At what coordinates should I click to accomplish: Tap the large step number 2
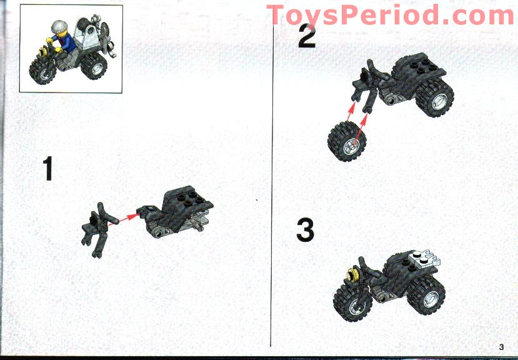pyautogui.click(x=307, y=36)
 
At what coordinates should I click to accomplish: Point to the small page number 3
pyautogui.click(x=501, y=347)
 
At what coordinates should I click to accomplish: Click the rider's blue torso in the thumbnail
pyautogui.click(x=62, y=43)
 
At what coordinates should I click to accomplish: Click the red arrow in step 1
pyautogui.click(x=127, y=217)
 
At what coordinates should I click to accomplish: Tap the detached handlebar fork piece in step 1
pyautogui.click(x=96, y=229)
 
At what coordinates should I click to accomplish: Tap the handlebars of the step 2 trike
pyautogui.click(x=369, y=69)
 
